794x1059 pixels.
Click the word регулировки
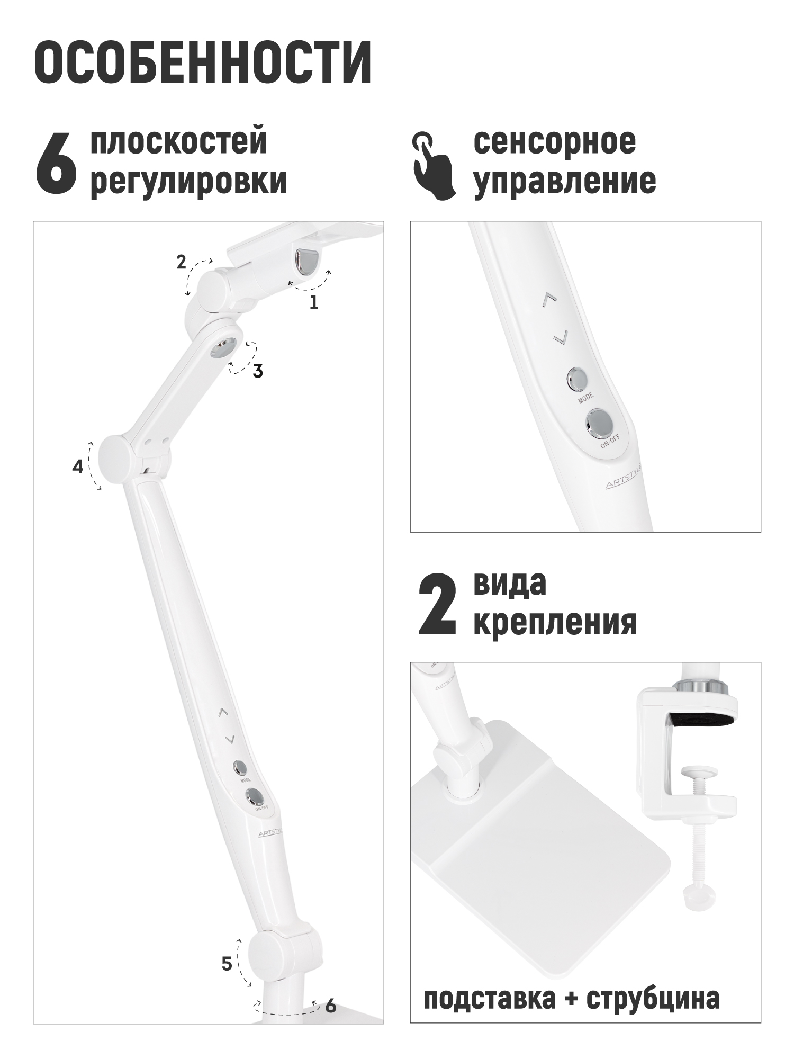[x=189, y=181]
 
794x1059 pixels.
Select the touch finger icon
[x=434, y=166]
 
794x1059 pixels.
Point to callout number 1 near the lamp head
[x=314, y=302]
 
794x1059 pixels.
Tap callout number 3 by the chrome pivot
[x=258, y=372]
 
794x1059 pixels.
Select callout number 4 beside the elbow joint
[x=78, y=467]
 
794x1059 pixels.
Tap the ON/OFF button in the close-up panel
[x=600, y=423]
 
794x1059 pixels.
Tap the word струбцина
[x=654, y=998]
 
